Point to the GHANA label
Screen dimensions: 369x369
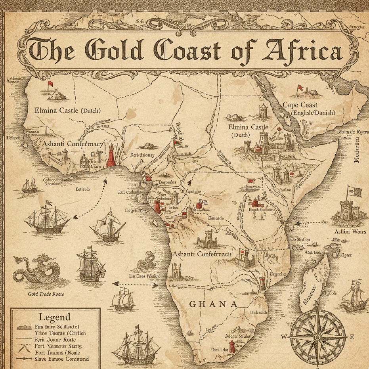tap(214, 304)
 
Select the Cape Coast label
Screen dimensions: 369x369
tap(300, 105)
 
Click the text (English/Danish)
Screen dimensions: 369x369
tap(313, 113)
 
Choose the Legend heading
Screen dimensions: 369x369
tap(54, 317)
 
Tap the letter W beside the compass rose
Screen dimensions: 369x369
tap(284, 337)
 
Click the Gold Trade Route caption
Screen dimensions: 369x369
tap(46, 294)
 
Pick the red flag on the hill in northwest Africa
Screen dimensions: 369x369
tap(50, 84)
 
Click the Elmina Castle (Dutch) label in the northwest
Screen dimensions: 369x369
tap(67, 111)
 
